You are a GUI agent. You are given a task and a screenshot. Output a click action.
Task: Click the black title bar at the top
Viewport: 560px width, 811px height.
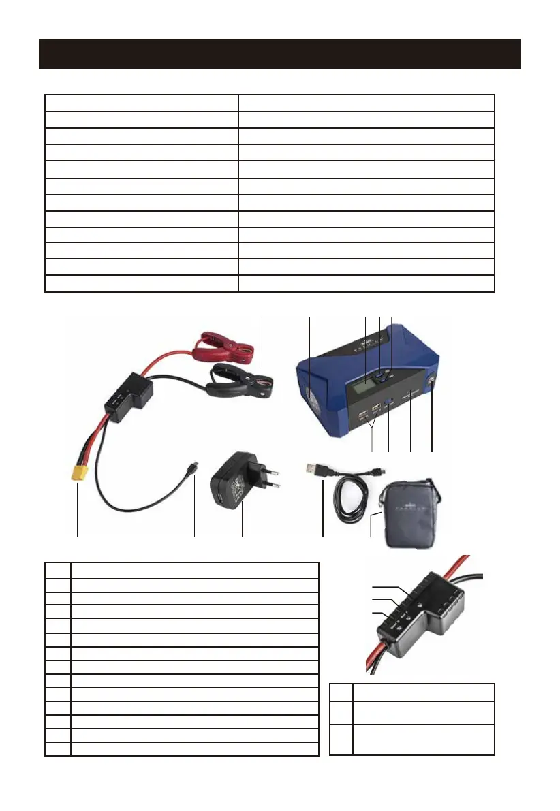click(279, 54)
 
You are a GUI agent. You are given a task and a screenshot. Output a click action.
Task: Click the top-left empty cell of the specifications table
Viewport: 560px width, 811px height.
click(141, 103)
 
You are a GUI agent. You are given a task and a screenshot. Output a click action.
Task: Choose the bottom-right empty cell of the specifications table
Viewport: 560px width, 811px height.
click(366, 284)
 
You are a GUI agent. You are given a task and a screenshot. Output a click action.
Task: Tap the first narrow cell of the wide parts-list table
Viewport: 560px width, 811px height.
click(58, 571)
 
